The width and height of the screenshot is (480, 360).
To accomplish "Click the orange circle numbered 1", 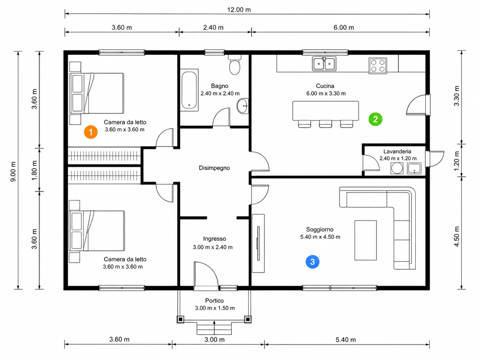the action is tap(91, 132).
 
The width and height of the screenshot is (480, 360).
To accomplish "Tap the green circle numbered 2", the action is tap(375, 119).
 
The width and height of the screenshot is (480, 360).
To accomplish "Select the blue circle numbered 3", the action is tap(312, 262).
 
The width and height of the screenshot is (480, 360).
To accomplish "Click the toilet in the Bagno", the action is tap(235, 65).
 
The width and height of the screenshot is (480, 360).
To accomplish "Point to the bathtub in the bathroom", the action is tap(189, 90).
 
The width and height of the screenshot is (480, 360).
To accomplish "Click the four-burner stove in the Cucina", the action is tap(378, 66).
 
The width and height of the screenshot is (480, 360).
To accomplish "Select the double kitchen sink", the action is tap(324, 64).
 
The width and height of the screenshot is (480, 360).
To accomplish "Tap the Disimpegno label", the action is tap(214, 168).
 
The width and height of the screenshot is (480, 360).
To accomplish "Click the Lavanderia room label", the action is tap(397, 151).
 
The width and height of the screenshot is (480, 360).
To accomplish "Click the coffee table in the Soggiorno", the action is tap(365, 240).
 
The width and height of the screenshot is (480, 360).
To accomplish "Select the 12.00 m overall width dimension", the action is tap(239, 10).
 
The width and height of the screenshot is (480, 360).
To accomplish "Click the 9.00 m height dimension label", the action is tap(13, 172).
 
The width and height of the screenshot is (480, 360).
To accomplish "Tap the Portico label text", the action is tap(214, 301).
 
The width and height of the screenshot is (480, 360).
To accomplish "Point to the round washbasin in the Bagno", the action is tap(243, 106).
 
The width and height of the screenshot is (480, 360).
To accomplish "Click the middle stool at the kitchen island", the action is tap(326, 124).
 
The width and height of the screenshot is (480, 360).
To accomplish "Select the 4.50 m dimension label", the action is tap(456, 236).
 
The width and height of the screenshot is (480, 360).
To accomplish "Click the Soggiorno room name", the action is tap(320, 229).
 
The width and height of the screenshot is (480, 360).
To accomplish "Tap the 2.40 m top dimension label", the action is tap(213, 28).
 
